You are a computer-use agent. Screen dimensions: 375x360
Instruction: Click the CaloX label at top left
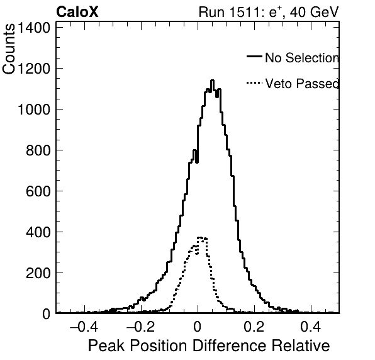tap(77, 12)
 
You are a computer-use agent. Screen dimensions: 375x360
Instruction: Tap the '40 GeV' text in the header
tap(314, 12)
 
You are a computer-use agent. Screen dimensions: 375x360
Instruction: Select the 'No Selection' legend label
tap(302, 58)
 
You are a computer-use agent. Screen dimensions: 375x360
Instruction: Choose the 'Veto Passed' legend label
tap(302, 84)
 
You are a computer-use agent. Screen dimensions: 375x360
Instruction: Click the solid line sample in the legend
tap(254, 56)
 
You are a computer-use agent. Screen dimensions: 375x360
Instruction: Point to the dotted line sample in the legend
tap(254, 83)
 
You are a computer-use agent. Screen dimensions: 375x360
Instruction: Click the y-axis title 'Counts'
tap(9, 49)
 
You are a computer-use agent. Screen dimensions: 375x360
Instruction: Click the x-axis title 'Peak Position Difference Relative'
tap(209, 346)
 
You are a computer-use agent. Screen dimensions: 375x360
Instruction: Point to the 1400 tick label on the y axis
tap(34, 28)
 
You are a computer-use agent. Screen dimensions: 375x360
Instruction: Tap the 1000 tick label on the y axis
tap(34, 110)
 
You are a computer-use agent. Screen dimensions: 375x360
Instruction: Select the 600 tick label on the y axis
tap(38, 191)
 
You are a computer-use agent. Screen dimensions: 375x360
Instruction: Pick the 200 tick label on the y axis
tap(38, 273)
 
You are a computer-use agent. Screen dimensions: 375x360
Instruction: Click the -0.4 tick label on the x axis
tap(84, 327)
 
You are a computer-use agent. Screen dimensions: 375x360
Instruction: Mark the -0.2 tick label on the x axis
tap(141, 327)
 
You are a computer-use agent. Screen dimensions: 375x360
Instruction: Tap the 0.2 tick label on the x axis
tap(254, 327)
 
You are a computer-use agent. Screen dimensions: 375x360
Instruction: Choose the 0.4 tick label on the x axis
tap(311, 327)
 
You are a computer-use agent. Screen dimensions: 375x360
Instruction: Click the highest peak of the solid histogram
tap(212, 81)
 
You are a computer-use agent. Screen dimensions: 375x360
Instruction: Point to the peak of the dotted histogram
tap(199, 237)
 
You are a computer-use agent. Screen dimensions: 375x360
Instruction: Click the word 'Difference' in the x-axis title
tap(229, 346)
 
